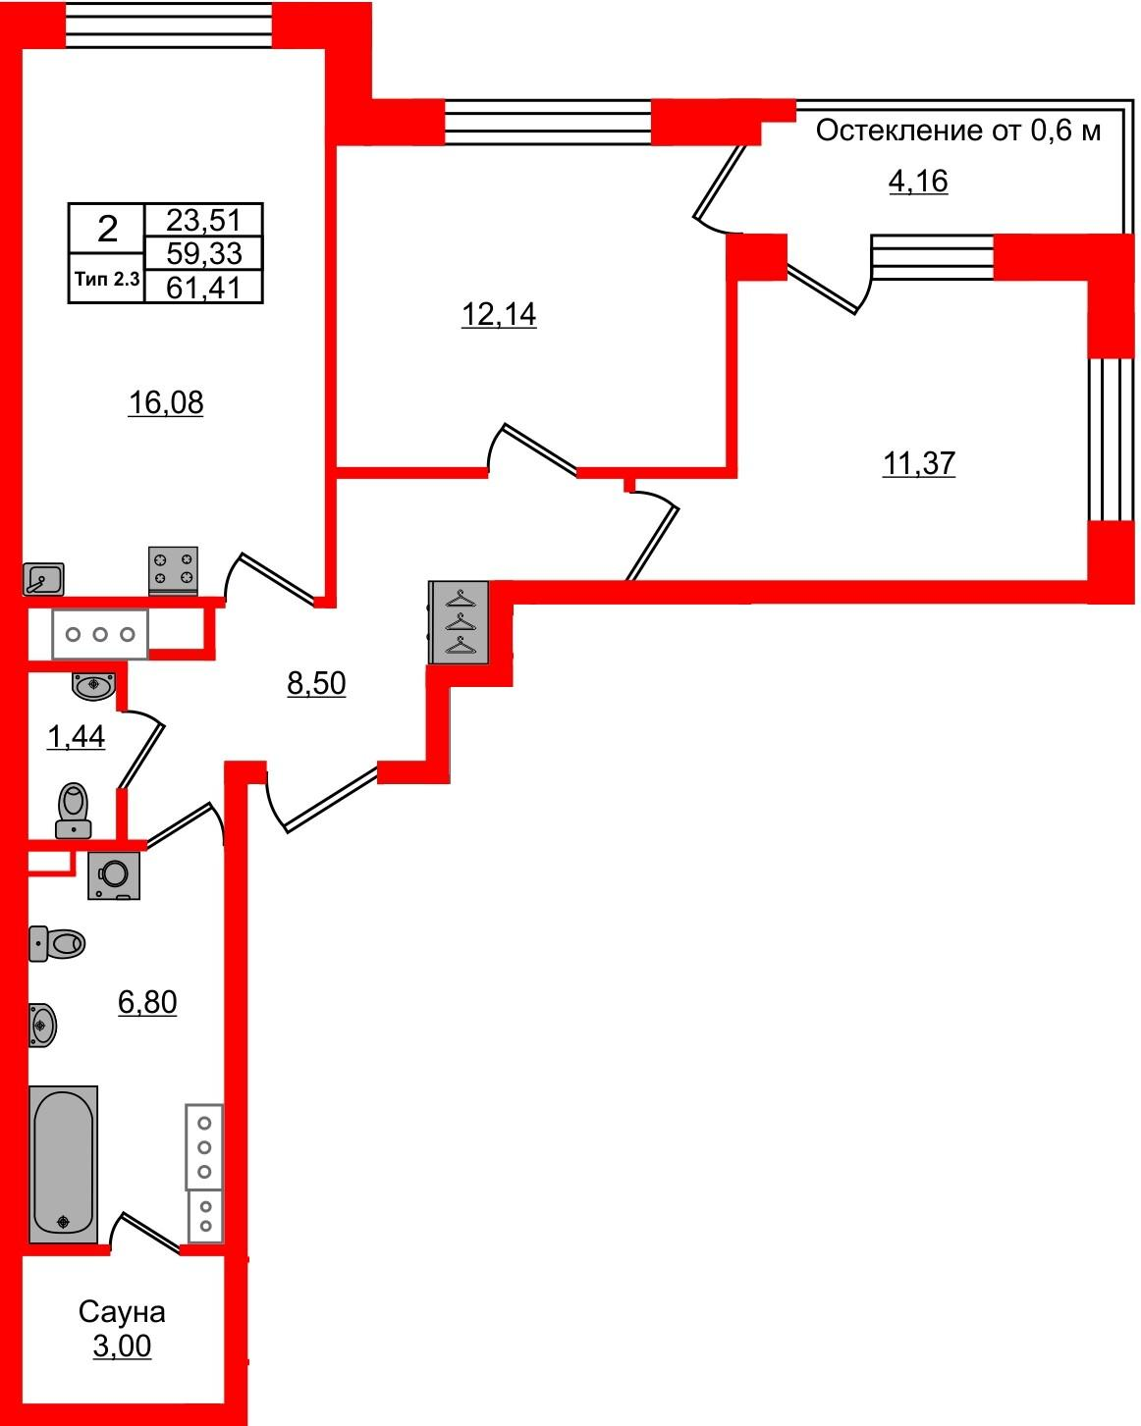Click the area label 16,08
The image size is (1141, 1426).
click(x=165, y=402)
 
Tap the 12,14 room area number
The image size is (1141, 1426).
click(x=499, y=315)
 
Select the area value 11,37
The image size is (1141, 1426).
click(x=918, y=462)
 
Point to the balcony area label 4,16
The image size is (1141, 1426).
click(x=918, y=182)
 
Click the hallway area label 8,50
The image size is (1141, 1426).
click(x=316, y=683)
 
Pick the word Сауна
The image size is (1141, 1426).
click(x=122, y=1311)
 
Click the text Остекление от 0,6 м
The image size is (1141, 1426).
click(x=958, y=131)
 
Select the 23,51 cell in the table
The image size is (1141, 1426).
click(x=203, y=219)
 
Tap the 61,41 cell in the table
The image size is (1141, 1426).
click(x=203, y=288)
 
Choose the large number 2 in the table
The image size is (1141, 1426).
click(x=107, y=230)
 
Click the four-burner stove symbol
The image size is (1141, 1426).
click(x=173, y=570)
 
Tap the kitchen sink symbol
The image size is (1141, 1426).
click(x=43, y=579)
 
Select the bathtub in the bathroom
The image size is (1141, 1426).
click(x=64, y=1163)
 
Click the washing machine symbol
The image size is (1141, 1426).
click(x=114, y=874)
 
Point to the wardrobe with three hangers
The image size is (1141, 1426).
click(x=459, y=622)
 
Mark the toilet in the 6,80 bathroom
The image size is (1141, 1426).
click(x=58, y=944)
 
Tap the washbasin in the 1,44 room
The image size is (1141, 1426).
click(x=93, y=684)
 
